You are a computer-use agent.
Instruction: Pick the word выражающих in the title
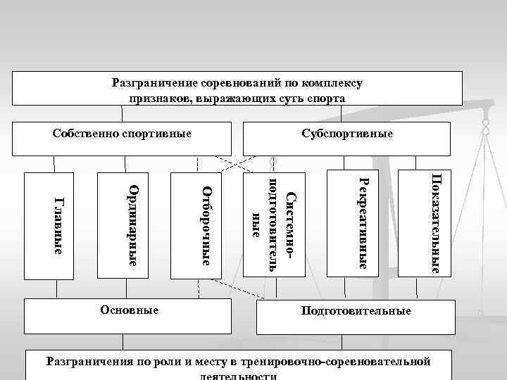click(230, 99)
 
